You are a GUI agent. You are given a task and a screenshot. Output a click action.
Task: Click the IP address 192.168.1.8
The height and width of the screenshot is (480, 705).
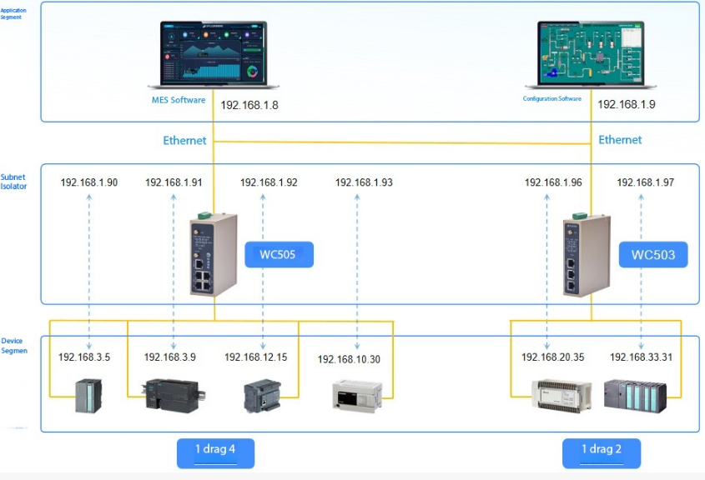tap(249, 105)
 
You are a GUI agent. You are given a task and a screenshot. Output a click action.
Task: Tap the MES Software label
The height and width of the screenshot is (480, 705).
tap(178, 100)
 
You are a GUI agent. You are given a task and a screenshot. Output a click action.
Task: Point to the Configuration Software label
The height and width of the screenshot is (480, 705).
tap(551, 99)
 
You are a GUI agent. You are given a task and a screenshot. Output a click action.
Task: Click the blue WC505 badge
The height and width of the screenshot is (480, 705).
tap(279, 254)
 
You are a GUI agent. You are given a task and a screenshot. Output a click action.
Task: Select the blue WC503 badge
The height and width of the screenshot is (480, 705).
tap(652, 254)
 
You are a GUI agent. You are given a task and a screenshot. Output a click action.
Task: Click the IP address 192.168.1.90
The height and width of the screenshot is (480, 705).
tap(89, 182)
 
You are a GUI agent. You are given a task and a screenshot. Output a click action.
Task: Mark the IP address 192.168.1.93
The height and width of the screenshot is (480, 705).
tap(363, 182)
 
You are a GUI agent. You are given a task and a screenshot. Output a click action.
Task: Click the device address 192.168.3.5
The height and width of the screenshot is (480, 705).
tap(84, 357)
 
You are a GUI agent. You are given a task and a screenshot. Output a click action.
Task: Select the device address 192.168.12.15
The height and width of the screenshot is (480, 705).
tap(255, 357)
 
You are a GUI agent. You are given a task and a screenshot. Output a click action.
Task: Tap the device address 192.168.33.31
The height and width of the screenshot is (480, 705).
tap(641, 357)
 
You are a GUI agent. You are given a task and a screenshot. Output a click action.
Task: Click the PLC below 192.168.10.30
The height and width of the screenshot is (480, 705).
tap(357, 393)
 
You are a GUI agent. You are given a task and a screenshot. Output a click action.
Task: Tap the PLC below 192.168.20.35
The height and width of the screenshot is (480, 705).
tap(561, 395)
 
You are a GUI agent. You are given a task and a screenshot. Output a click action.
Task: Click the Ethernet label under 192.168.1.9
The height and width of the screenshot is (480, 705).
tap(620, 140)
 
